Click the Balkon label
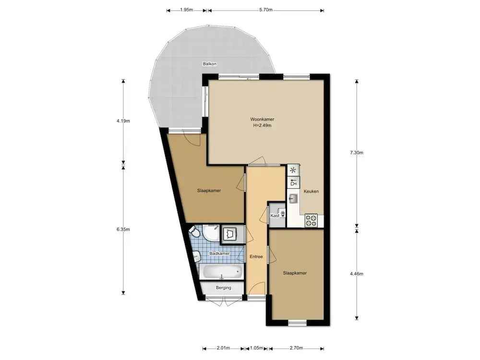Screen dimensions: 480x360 (x=210, y=64)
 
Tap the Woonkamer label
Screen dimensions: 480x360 (x=263, y=120)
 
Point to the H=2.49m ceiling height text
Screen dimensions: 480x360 (x=263, y=125)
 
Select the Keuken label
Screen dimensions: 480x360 (x=312, y=192)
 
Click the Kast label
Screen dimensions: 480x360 (x=275, y=216)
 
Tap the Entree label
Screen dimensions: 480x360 (x=256, y=256)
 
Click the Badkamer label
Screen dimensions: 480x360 (x=219, y=253)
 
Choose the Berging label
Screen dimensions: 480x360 (x=224, y=288)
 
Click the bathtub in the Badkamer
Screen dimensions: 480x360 (x=222, y=272)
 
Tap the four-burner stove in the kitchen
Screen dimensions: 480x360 (x=311, y=220)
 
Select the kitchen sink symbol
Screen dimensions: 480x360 (x=293, y=199)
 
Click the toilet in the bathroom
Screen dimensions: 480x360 (x=194, y=231)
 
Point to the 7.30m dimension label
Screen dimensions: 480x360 (x=357, y=153)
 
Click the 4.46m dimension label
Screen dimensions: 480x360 (x=357, y=274)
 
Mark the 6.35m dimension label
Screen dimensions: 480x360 (x=123, y=229)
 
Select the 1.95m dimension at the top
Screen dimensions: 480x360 (x=186, y=10)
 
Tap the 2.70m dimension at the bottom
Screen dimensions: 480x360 (x=296, y=348)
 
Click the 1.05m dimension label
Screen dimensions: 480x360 (x=256, y=348)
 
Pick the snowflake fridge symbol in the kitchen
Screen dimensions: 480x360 (x=293, y=170)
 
